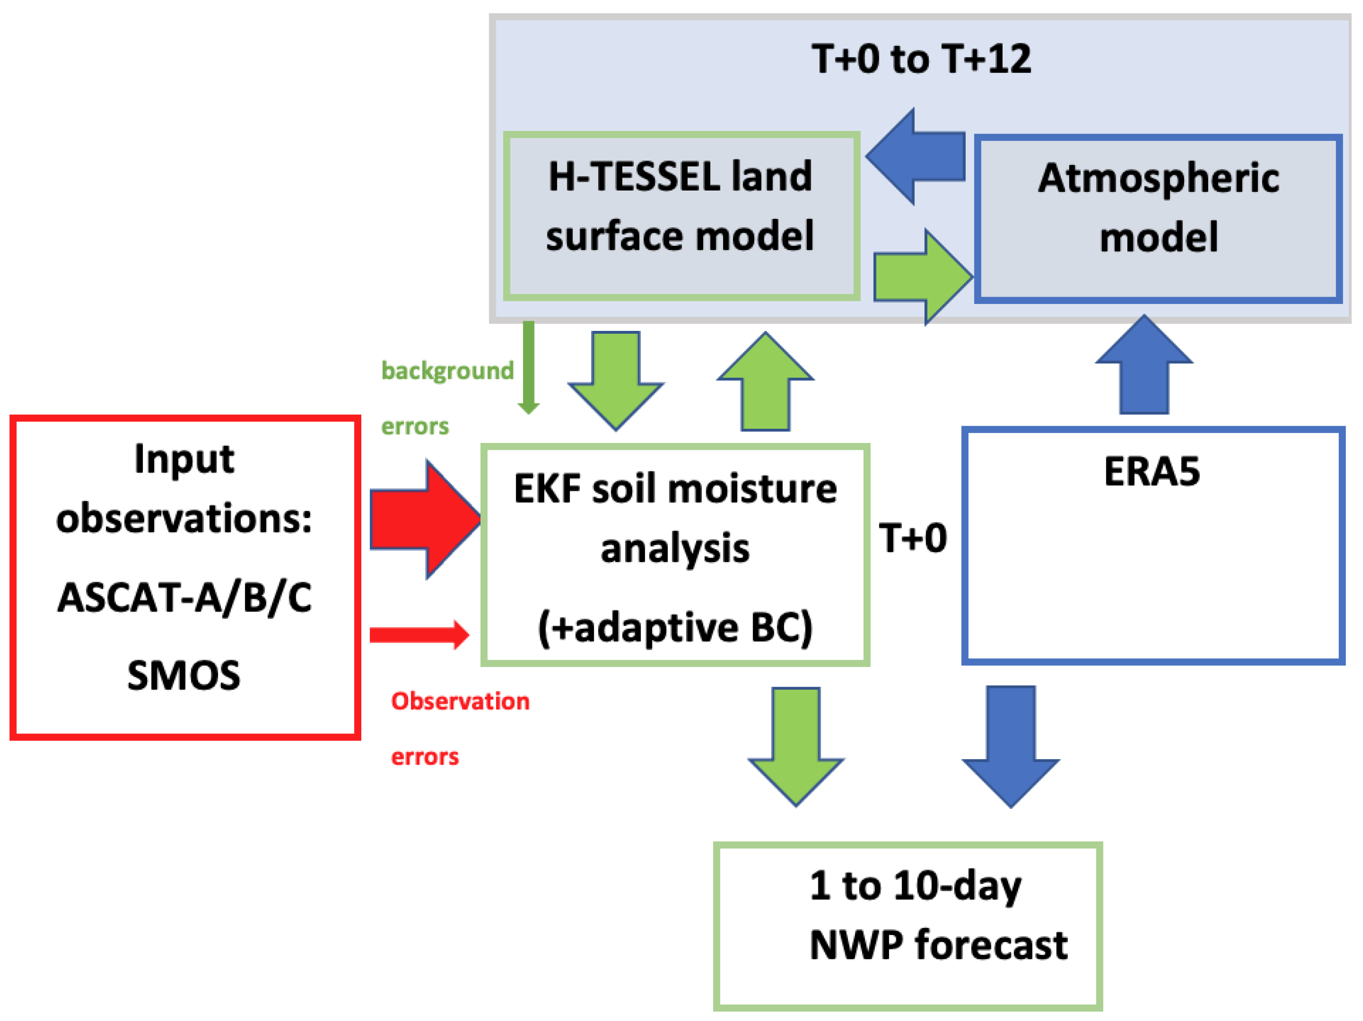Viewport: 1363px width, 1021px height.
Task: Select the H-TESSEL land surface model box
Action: [x=681, y=216]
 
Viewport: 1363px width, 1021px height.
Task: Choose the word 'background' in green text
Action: [x=447, y=371]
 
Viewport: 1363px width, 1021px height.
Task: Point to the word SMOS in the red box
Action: [x=184, y=675]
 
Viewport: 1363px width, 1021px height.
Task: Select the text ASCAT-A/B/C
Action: [x=184, y=598]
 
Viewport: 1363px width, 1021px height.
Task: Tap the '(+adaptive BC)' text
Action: [x=675, y=627]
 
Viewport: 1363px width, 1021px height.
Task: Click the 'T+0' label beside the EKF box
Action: [x=913, y=538]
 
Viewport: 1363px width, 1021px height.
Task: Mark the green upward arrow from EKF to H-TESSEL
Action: [x=765, y=382]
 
